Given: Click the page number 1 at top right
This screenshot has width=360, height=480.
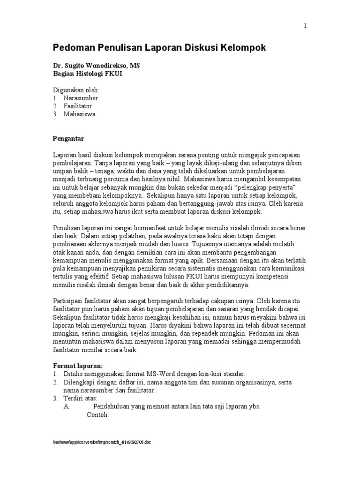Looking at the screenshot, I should [x=305, y=26].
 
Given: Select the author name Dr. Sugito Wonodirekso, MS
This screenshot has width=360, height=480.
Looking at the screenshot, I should [x=96, y=67].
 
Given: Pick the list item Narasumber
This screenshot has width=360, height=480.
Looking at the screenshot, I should [x=81, y=98].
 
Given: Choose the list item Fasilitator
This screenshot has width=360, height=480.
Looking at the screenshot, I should [x=78, y=106].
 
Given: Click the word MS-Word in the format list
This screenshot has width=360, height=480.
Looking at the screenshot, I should [x=161, y=374].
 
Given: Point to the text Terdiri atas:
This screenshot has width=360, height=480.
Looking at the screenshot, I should [x=81, y=398].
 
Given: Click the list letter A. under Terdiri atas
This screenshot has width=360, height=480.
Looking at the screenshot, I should [x=67, y=407].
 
